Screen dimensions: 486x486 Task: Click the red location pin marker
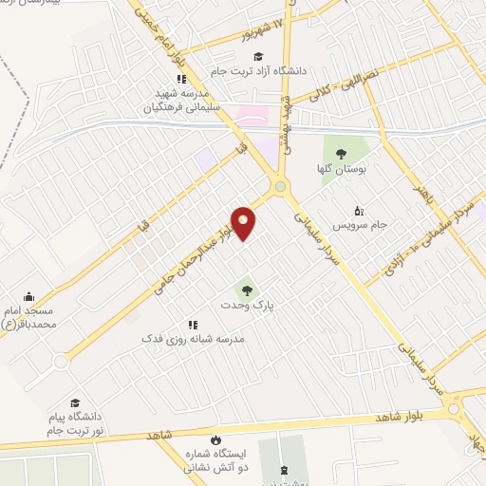tap(244, 223)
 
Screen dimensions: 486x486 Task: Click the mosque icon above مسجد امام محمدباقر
tap(28, 296)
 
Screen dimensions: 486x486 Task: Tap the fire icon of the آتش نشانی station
tap(216, 439)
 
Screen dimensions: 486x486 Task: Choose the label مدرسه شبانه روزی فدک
tap(193, 338)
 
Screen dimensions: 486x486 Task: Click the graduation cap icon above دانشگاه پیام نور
tap(76, 402)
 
